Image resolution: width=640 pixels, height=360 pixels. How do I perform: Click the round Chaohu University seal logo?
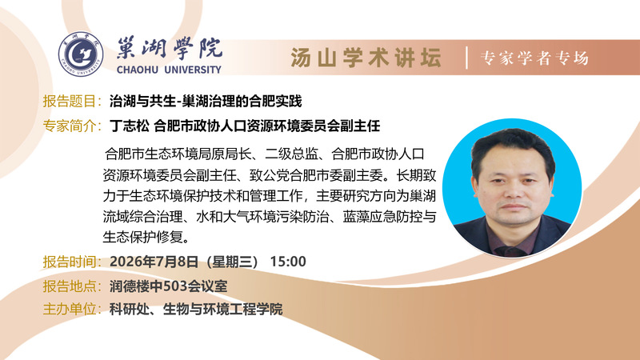tap(81, 54)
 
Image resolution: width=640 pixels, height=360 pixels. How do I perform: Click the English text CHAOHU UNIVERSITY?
tap(169, 70)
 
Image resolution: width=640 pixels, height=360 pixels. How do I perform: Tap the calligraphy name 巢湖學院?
tap(170, 49)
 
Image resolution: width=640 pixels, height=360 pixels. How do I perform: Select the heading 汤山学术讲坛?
tap(366, 57)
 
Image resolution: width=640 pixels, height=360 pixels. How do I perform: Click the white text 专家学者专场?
tap(534, 58)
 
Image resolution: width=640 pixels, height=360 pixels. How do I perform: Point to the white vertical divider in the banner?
tap(466, 58)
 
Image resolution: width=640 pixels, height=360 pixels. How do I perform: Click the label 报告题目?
tap(70, 101)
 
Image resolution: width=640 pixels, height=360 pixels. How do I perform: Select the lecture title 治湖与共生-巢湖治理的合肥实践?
tap(206, 101)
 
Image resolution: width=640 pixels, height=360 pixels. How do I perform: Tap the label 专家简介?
tap(70, 126)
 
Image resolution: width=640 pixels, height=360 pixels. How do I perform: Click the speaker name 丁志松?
tap(130, 126)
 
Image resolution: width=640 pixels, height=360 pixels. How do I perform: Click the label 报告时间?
tap(70, 262)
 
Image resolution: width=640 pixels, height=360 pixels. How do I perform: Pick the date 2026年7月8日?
tap(154, 262)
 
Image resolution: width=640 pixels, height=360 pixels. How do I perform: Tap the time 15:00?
tap(288, 262)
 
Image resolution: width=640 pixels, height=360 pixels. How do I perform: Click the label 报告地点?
tap(70, 286)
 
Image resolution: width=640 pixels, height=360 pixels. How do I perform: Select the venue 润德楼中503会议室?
tap(169, 286)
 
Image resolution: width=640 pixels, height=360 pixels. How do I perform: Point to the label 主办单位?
tap(70, 309)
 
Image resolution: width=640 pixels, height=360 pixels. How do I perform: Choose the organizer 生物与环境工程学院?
tap(223, 309)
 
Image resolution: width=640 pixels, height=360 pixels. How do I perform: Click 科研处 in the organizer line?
tap(130, 309)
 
